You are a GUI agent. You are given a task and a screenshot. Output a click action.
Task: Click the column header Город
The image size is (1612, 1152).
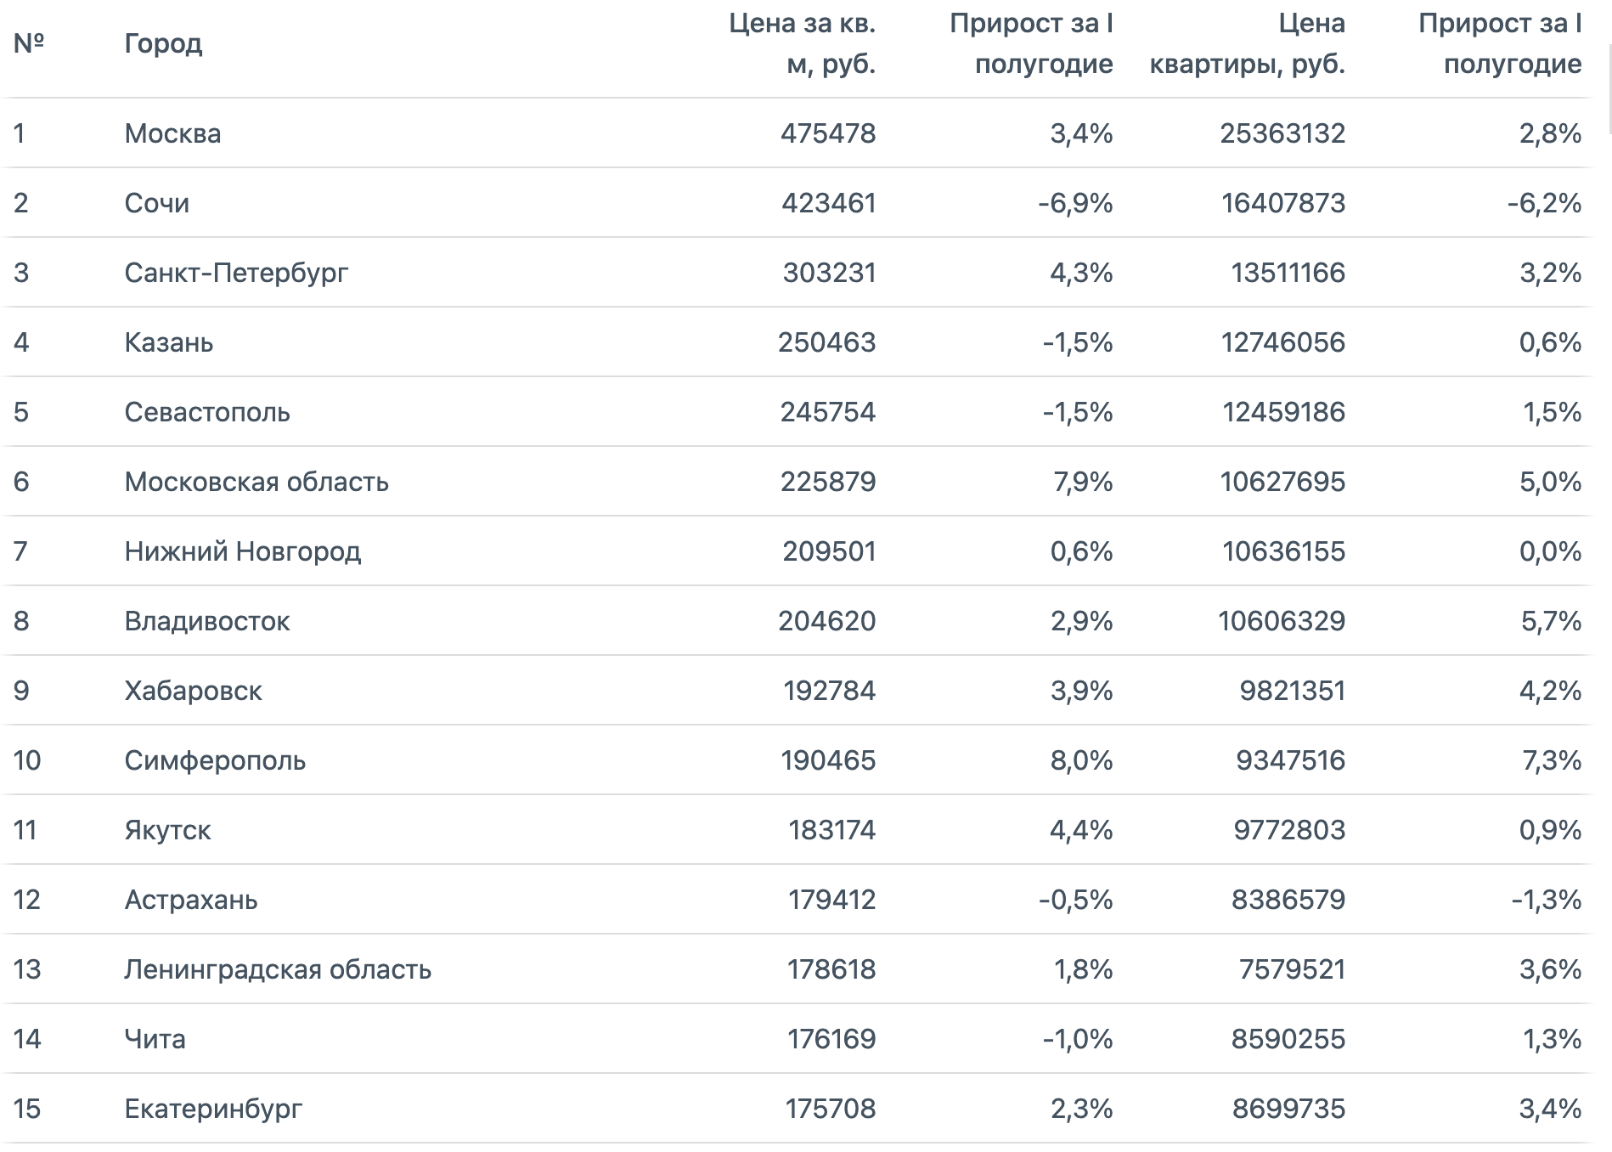(x=163, y=43)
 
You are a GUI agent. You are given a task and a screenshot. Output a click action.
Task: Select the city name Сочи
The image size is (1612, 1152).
(x=157, y=203)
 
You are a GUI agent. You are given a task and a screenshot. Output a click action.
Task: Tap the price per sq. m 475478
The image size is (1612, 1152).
(x=828, y=133)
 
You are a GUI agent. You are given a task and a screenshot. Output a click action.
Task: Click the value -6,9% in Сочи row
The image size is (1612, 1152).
(x=1075, y=203)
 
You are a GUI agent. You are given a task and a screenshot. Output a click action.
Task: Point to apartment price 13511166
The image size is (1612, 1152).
(x=1288, y=273)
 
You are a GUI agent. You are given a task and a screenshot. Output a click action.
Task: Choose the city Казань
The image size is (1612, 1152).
(x=169, y=342)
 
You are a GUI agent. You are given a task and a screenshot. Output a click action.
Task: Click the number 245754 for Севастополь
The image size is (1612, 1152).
(x=828, y=412)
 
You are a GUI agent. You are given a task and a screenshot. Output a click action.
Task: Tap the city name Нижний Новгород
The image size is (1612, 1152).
(x=243, y=551)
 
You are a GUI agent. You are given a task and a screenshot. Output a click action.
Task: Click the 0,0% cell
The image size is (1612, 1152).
(x=1551, y=551)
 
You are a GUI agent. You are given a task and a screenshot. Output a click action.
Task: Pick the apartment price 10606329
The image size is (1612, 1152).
(x=1282, y=621)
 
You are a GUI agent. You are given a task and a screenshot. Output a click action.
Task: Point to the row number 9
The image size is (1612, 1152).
(x=21, y=691)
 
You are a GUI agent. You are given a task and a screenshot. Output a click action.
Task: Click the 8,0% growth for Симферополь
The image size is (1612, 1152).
(x=1082, y=760)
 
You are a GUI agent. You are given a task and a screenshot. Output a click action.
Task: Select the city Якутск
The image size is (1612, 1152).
(x=167, y=830)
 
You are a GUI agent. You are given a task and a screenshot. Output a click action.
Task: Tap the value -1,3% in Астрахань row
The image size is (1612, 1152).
(x=1547, y=900)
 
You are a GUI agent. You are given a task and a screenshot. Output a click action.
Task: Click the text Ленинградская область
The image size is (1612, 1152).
(x=278, y=969)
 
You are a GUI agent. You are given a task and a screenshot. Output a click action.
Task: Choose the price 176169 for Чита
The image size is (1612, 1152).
(x=831, y=1039)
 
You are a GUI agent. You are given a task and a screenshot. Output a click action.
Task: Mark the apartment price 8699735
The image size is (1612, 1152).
(x=1289, y=1109)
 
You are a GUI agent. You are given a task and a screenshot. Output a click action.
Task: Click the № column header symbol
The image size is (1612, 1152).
(x=29, y=42)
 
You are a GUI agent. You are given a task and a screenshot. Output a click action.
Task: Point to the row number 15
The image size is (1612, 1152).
(x=27, y=1109)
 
